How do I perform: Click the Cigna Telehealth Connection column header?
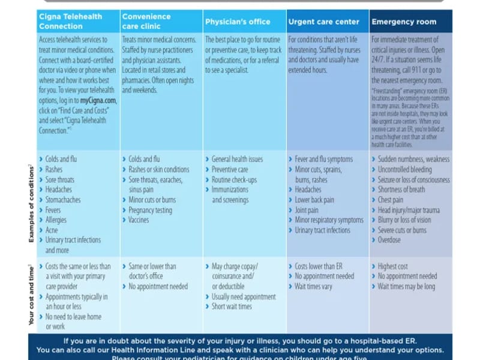pyautogui.click(x=70, y=21)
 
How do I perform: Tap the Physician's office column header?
pyautogui.click(x=238, y=22)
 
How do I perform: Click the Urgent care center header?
pyautogui.click(x=324, y=22)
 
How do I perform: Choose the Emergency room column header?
pyautogui.click(x=404, y=22)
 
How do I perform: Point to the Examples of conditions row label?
pyautogui.click(x=31, y=204)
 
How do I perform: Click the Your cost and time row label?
pyautogui.click(x=31, y=295)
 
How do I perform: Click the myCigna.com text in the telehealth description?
pyautogui.click(x=98, y=101)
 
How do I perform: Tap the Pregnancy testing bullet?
pyautogui.click(x=150, y=210)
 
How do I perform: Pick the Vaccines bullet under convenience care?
pyautogui.click(x=139, y=220)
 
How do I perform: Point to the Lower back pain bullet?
pyautogui.click(x=314, y=200)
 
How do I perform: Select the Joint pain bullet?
pyautogui.click(x=307, y=210)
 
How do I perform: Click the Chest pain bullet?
pyautogui.click(x=391, y=200)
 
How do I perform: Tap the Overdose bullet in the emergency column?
pyautogui.click(x=389, y=240)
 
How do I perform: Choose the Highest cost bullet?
pyautogui.click(x=393, y=266)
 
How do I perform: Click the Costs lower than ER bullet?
pyautogui.click(x=319, y=266)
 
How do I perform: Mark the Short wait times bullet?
pyautogui.click(x=232, y=307)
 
